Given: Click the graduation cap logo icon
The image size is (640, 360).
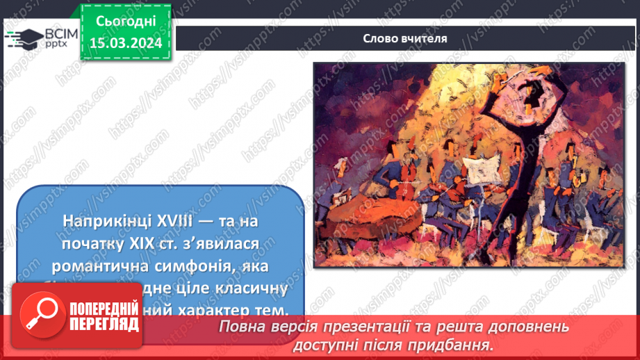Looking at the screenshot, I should (22, 39).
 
